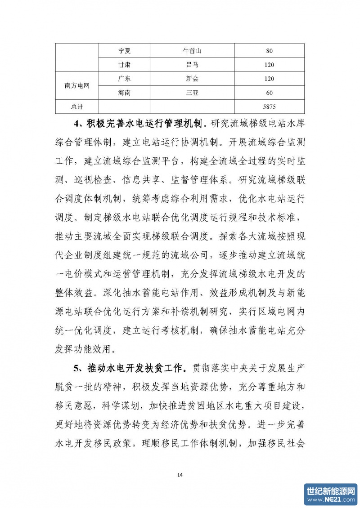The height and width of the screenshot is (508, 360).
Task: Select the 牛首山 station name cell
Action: [192, 51]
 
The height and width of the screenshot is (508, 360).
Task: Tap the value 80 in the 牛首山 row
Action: [270, 51]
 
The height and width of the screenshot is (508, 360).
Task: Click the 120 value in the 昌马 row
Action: [270, 65]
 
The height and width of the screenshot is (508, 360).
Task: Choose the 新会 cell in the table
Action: [192, 79]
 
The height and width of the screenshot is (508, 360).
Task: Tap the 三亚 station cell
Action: [192, 93]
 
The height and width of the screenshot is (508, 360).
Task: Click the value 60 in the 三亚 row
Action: [270, 93]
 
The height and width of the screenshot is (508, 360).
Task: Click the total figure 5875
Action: [270, 107]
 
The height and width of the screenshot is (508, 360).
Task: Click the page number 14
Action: [180, 475]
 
